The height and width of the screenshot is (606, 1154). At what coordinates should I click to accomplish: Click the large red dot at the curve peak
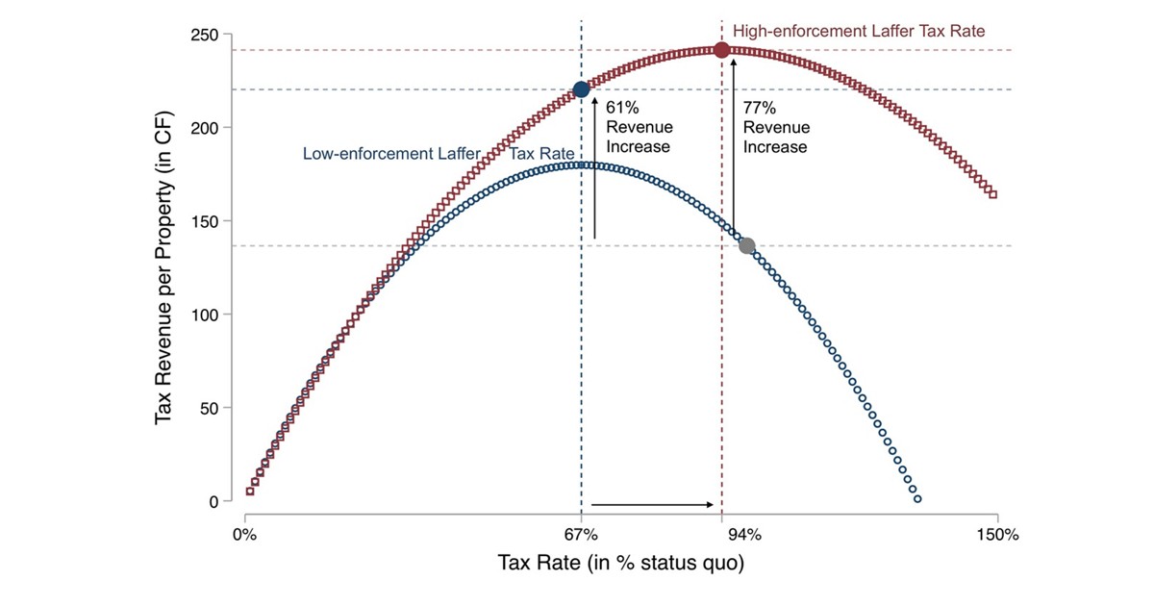(721, 50)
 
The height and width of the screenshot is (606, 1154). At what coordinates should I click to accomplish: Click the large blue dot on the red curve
(581, 89)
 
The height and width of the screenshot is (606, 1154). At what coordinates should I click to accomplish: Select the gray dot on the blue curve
(746, 246)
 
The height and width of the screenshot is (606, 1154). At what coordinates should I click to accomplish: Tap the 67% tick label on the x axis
(581, 535)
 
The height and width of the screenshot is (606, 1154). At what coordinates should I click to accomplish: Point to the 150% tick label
(997, 535)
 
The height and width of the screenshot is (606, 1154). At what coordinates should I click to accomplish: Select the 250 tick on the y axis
(206, 35)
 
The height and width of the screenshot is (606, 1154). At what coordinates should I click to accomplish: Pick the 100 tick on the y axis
(206, 315)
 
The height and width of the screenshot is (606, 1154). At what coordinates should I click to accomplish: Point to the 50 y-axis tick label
(210, 408)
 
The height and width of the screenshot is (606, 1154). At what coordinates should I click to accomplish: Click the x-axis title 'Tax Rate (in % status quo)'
(620, 563)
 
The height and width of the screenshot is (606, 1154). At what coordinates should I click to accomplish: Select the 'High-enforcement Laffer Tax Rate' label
(859, 32)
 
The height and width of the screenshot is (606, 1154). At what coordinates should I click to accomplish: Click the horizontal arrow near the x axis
(653, 504)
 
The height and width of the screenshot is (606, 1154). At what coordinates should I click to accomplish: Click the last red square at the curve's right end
(992, 194)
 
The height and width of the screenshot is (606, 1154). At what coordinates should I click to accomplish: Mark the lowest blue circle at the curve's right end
(916, 499)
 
